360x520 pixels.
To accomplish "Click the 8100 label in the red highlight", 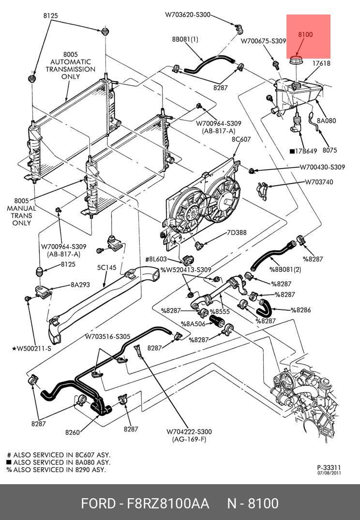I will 305,34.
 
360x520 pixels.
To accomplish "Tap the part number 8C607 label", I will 241,139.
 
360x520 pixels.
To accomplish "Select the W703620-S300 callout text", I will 188,15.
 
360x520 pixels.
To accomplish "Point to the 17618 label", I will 321,63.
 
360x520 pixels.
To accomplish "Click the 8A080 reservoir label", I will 327,121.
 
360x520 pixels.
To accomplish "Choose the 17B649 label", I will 303,151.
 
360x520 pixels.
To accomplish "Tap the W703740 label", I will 319,183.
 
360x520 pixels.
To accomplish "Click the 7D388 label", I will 237,233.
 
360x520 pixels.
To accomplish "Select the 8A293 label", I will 80,285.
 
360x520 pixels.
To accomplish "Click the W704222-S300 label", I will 189,432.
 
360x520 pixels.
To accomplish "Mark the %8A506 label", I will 193,324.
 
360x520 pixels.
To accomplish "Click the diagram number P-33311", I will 329,467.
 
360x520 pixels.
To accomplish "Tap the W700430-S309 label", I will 322,168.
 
